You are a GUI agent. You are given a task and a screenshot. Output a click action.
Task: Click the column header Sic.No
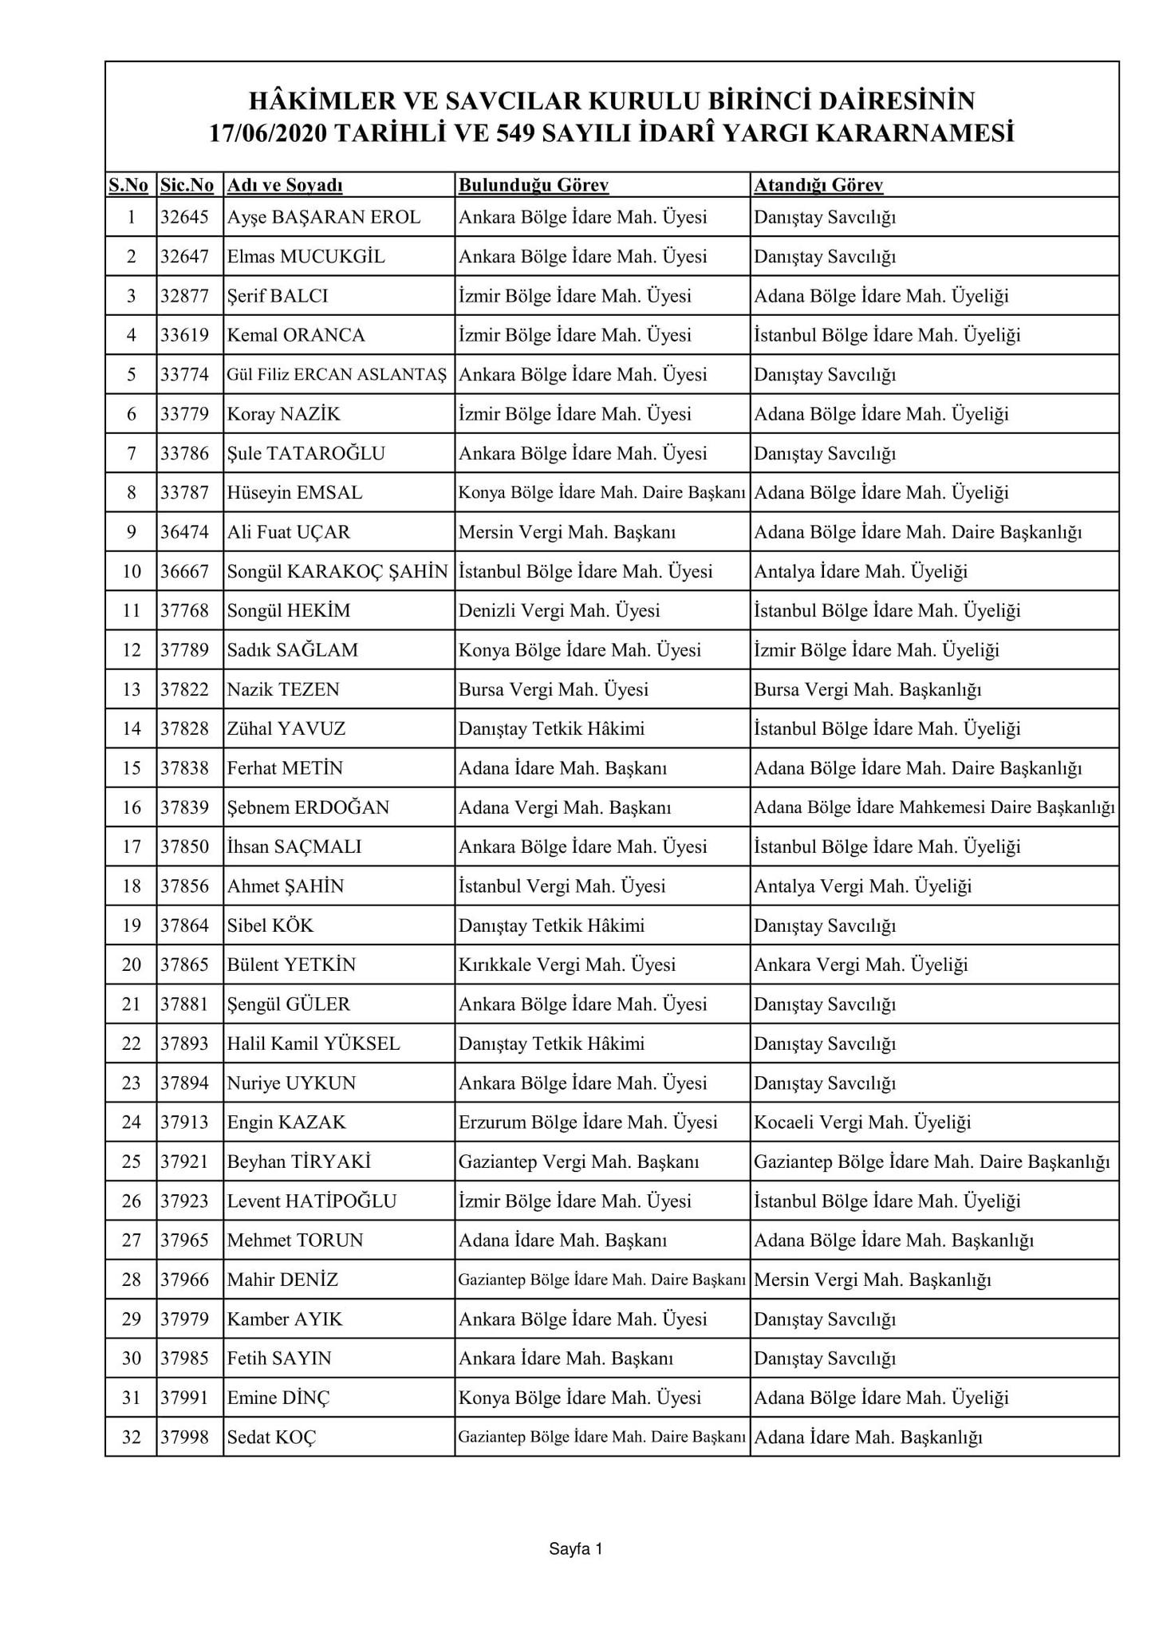coord(187,186)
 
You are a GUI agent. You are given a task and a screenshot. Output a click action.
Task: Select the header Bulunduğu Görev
coord(533,186)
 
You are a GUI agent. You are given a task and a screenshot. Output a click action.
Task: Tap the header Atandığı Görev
coord(818,186)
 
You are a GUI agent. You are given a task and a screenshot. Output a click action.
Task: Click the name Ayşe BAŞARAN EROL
coord(323,217)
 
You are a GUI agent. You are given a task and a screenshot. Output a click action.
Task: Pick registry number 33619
coord(184,335)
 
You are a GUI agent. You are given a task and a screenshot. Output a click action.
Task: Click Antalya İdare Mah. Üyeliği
coord(861,571)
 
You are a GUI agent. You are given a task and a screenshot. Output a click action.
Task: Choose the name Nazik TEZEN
coord(283,689)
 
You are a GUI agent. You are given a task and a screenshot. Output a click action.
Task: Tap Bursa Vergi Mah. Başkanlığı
coord(867,689)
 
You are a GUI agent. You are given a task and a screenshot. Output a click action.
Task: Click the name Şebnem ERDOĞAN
coord(308,807)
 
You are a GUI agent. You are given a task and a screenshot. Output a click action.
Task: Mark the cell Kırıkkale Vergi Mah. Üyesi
coord(566,964)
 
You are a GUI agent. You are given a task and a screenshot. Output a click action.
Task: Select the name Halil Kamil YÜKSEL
coord(313,1043)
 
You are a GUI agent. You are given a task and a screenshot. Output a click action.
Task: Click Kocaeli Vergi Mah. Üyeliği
coord(862,1122)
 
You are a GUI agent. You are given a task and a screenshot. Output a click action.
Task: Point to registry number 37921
coord(184,1162)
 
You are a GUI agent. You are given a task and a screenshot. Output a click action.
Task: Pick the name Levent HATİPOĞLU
coord(311,1201)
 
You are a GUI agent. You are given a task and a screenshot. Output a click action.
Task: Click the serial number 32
coord(131,1437)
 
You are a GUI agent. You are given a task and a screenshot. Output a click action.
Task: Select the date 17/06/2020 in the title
coord(268,133)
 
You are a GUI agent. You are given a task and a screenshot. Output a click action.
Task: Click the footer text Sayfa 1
coord(575,1549)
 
